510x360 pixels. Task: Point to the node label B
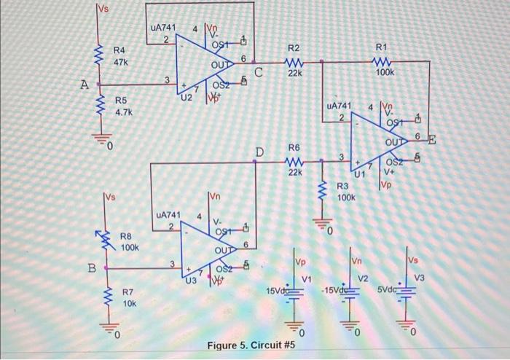[x=93, y=267]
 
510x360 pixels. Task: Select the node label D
[x=259, y=151]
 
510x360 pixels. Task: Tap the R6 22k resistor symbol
[x=295, y=162]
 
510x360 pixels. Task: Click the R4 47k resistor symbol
[x=102, y=53]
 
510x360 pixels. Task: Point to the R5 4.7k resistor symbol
[x=102, y=107]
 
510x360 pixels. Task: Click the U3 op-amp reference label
[x=192, y=278]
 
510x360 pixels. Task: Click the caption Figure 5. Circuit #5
[x=251, y=345]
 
